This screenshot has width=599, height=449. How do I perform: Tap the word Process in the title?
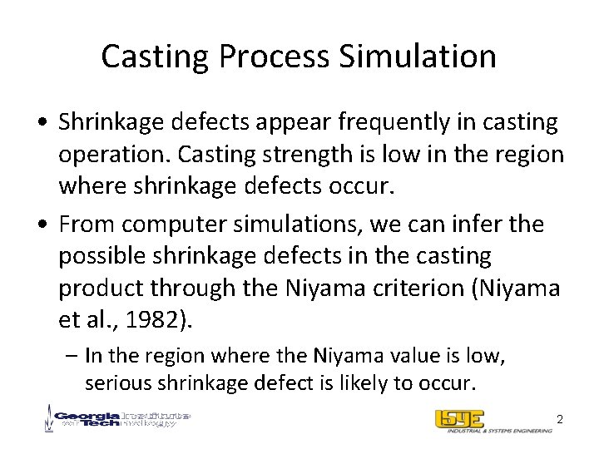click(270, 57)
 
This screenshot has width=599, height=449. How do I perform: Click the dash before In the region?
click(73, 356)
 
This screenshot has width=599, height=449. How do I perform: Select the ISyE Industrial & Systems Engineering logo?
click(492, 422)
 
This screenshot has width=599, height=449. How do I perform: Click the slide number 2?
click(560, 420)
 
